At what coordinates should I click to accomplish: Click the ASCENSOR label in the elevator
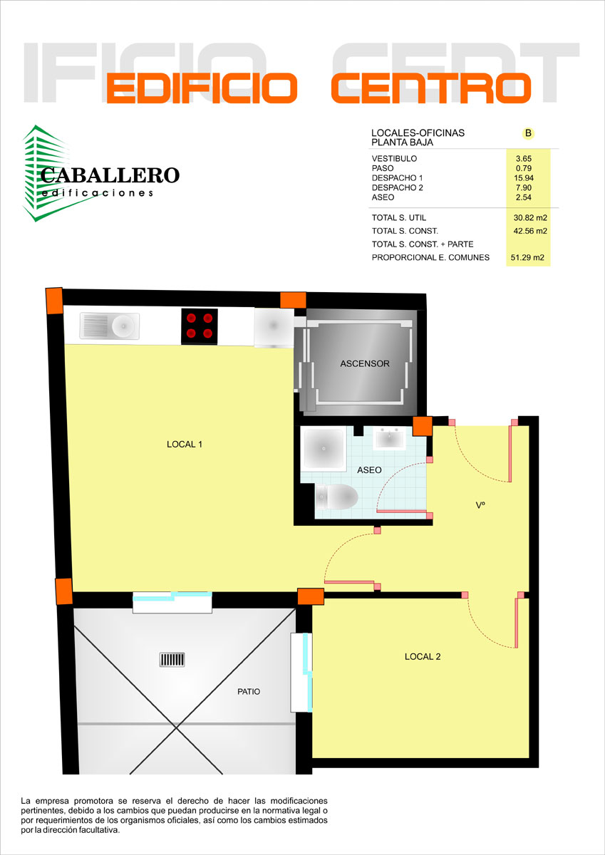pyautogui.click(x=365, y=363)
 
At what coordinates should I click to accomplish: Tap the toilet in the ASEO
pyautogui.click(x=336, y=497)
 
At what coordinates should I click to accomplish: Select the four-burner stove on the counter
pyautogui.click(x=200, y=326)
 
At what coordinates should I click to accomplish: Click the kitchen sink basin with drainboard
pyautogui.click(x=110, y=326)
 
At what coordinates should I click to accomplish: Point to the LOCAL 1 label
pyautogui.click(x=185, y=444)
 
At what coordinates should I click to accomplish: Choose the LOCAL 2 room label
pyautogui.click(x=423, y=656)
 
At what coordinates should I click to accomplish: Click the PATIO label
pyautogui.click(x=249, y=692)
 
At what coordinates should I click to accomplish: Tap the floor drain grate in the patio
pyautogui.click(x=172, y=659)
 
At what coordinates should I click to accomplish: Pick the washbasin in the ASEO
pyautogui.click(x=389, y=439)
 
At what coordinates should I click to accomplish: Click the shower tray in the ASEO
pyautogui.click(x=324, y=448)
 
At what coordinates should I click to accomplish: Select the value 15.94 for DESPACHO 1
pyautogui.click(x=524, y=178)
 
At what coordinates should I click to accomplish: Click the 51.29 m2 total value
pyautogui.click(x=527, y=258)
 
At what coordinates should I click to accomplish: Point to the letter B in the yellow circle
pyautogui.click(x=528, y=133)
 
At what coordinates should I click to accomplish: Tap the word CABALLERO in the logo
pyautogui.click(x=110, y=175)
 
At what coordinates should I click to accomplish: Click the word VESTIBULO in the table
pyautogui.click(x=394, y=158)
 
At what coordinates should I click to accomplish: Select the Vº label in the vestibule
pyautogui.click(x=480, y=505)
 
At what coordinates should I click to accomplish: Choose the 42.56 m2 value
pyautogui.click(x=530, y=231)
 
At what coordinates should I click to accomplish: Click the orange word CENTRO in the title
pyautogui.click(x=431, y=88)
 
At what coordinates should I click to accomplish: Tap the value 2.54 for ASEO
pyautogui.click(x=524, y=197)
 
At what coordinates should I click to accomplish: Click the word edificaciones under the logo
pyautogui.click(x=98, y=193)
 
